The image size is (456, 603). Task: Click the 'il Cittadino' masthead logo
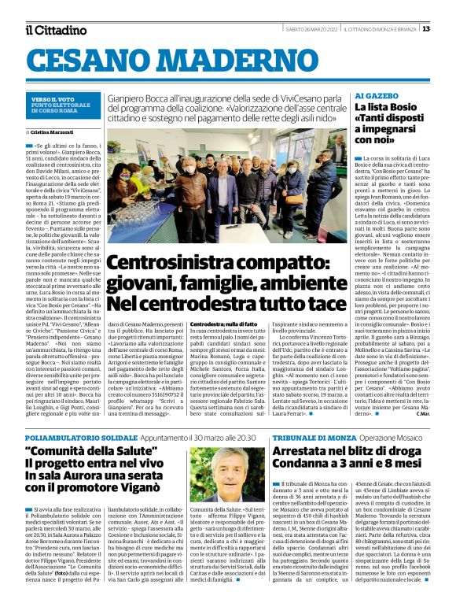click(56, 30)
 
